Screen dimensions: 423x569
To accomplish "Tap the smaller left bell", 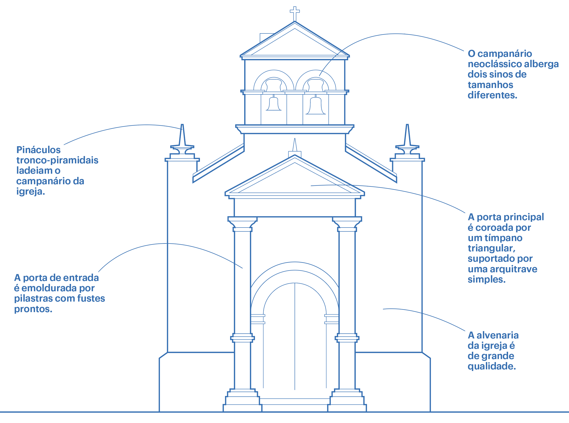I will tap(274, 104).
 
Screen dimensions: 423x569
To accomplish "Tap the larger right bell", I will tap(316, 105).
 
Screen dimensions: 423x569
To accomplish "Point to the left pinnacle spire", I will tap(182, 136).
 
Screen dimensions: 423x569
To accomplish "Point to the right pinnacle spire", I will tap(407, 136).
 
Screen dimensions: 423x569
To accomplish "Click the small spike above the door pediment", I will tap(295, 146).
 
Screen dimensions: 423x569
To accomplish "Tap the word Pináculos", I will tap(38, 150).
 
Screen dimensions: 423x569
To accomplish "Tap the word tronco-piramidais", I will tap(57, 160).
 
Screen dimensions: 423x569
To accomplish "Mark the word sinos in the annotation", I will tap(497, 74).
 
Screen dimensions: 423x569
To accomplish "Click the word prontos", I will tap(33, 309).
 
